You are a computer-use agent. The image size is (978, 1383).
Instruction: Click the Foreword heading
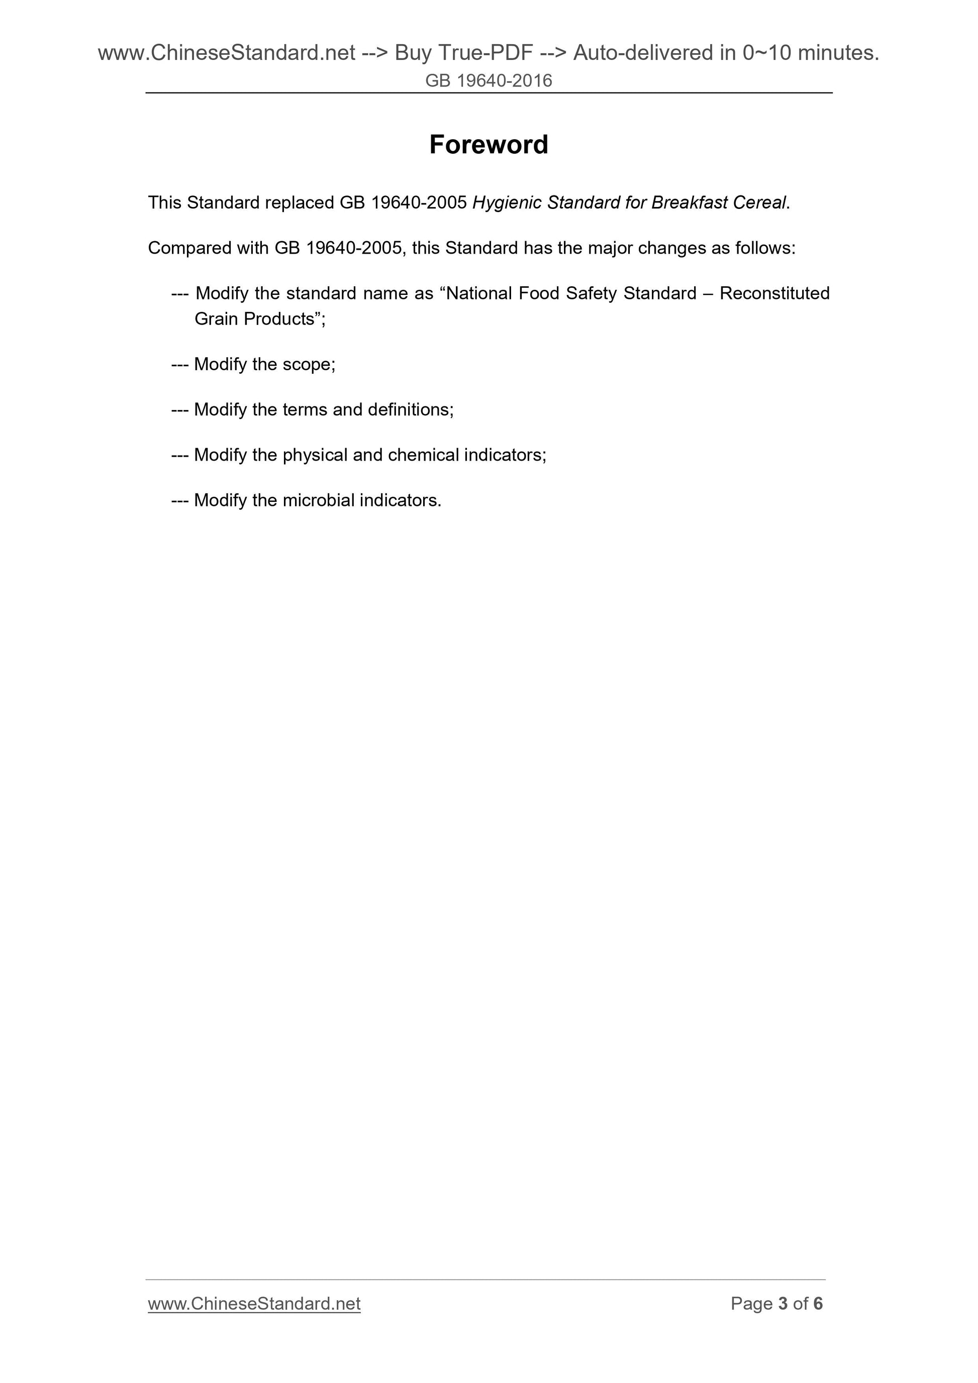488,145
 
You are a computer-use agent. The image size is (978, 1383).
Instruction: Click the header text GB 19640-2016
488,81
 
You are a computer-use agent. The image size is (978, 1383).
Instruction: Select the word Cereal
759,203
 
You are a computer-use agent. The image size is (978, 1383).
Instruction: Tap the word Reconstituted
774,293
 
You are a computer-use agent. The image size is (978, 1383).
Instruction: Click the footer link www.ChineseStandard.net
254,1304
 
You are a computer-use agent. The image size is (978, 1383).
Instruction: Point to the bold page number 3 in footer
783,1304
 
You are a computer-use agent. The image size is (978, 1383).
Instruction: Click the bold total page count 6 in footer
818,1304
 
